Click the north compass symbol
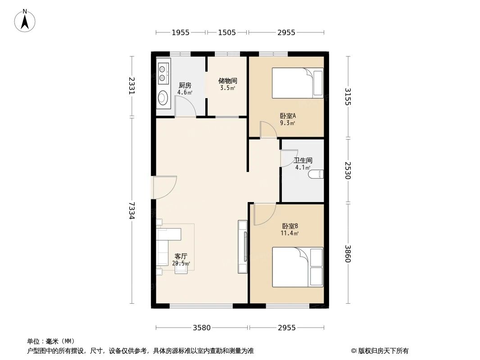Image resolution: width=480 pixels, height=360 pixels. (25, 20)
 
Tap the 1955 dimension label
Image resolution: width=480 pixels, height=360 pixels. (181, 32)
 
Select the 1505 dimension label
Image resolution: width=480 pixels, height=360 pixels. (227, 32)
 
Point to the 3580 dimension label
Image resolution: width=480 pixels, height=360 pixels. (202, 328)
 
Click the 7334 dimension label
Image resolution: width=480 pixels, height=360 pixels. (131, 210)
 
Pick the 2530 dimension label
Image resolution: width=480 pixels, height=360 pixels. (348, 170)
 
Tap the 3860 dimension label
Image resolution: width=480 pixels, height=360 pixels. (348, 254)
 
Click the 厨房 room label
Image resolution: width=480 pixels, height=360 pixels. (185, 85)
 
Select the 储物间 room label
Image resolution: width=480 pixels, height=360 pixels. (227, 81)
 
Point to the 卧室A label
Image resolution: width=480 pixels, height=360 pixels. (287, 115)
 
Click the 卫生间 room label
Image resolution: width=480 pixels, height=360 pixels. (303, 160)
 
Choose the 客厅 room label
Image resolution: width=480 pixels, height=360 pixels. (181, 256)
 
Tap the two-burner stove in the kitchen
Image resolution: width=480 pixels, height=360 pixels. (163, 73)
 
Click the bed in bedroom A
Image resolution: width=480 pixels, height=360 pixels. (297, 83)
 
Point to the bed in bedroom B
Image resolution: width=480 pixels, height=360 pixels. (297, 267)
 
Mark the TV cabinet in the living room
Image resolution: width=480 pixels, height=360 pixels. (243, 247)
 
